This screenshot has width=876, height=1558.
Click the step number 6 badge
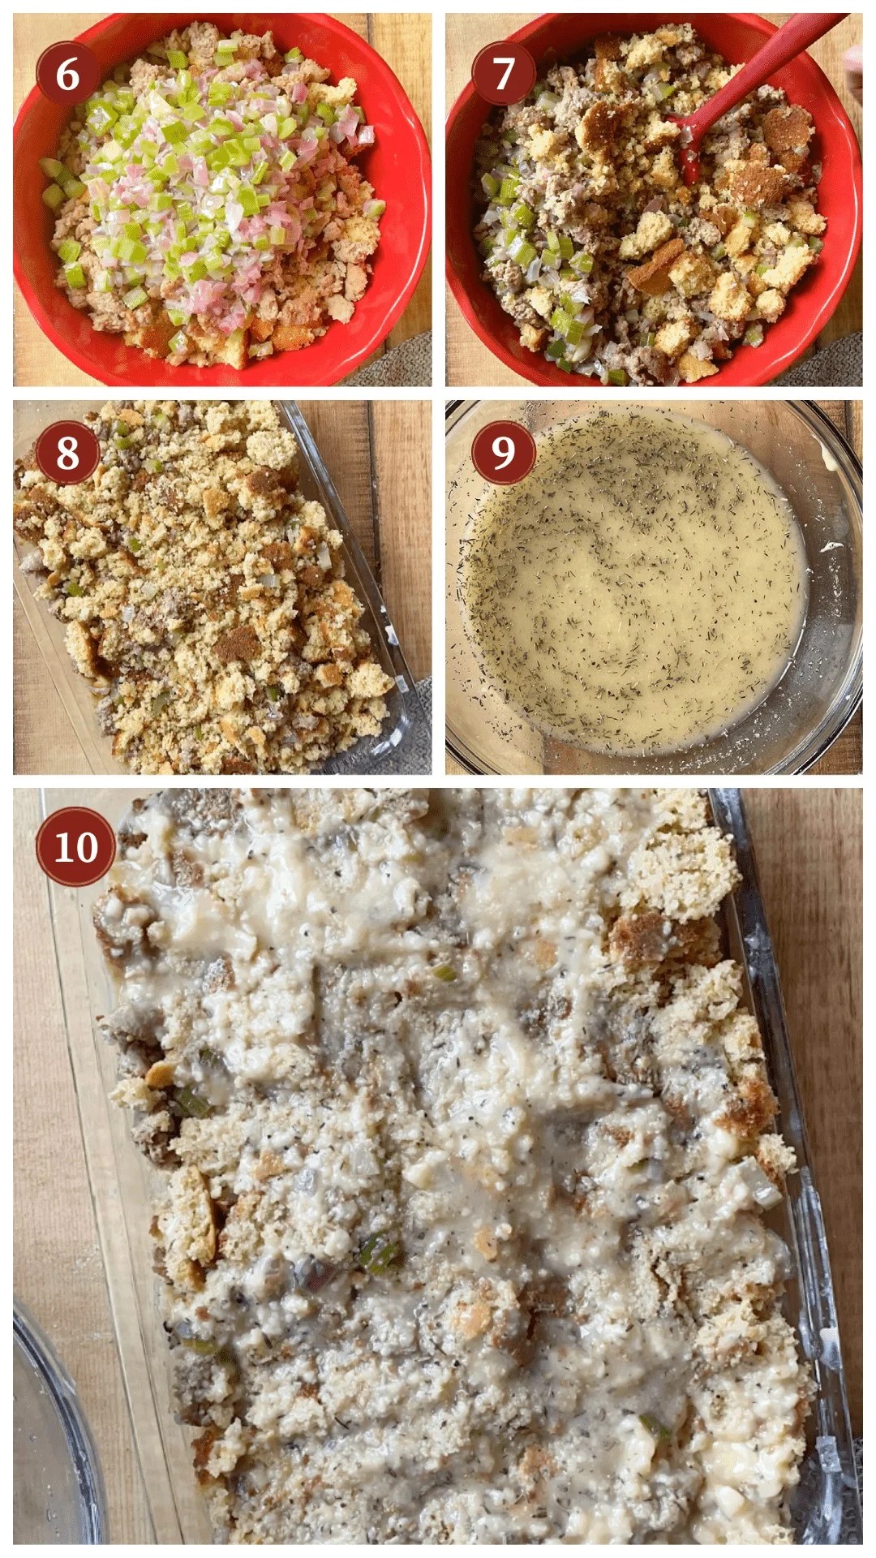point(67,73)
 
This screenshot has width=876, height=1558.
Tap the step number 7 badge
point(504,73)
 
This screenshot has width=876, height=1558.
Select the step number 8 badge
point(67,452)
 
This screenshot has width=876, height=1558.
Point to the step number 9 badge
point(504,452)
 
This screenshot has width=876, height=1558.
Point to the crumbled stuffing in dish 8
point(203,584)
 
